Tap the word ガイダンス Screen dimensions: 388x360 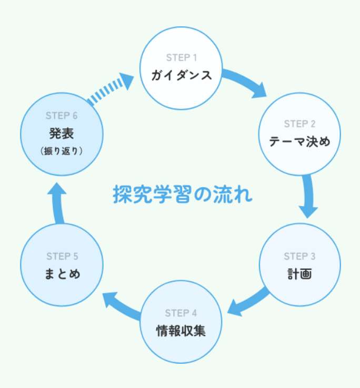pos(181,75)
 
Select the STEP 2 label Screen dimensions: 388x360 pos(299,124)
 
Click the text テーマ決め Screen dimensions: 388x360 pos(299,141)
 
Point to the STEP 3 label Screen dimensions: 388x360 pos(299,257)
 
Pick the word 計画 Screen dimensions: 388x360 pos(299,274)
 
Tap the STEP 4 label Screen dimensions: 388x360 pos(181,313)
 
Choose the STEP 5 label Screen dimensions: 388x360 pos(62,257)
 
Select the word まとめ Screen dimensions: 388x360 pos(62,274)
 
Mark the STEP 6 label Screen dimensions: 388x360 pos(62,116)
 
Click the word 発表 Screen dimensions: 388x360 pos(62,132)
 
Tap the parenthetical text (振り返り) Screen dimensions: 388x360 pos(62,150)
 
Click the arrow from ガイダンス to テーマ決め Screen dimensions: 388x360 pos(245,85)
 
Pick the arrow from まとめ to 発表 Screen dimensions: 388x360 pos(57,202)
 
